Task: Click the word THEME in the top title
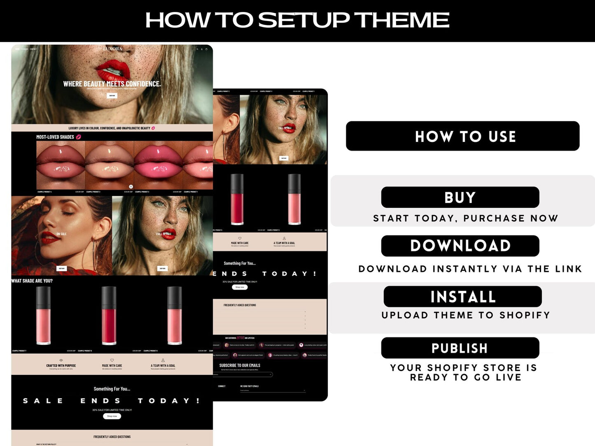pos(401,20)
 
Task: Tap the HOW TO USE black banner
pos(462,136)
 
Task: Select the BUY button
pos(460,197)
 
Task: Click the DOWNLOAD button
pos(460,246)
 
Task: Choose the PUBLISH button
pos(460,348)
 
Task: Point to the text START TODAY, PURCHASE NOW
pos(465,218)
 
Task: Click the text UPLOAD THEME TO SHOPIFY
pos(465,315)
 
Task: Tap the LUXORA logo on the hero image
pos(112,49)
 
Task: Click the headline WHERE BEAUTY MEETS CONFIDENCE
pos(112,84)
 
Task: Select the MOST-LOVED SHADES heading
pos(55,137)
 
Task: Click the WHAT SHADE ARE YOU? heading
pos(32,281)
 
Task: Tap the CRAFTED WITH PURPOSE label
pos(61,365)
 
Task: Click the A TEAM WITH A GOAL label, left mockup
pos(163,365)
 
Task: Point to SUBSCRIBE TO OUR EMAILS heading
pos(240,365)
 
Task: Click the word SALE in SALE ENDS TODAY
pos(43,401)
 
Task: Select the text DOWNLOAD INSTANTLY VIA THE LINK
pos(470,269)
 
